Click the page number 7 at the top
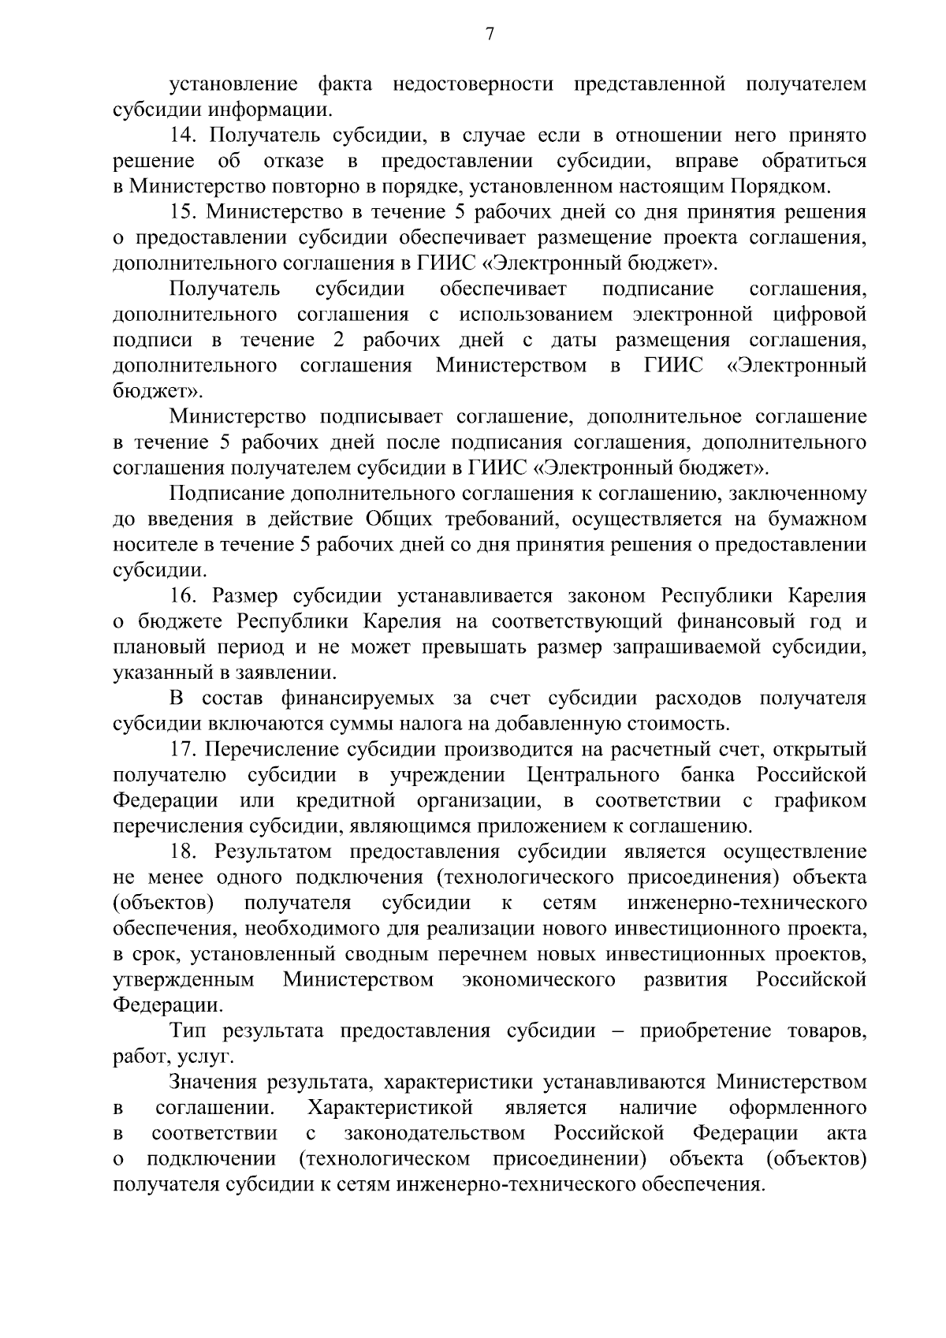(x=490, y=35)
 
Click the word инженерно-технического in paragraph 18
(x=747, y=903)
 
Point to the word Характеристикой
(x=390, y=1109)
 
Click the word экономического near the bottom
(x=538, y=980)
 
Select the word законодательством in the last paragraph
(x=434, y=1134)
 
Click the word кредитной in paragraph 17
(x=345, y=801)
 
